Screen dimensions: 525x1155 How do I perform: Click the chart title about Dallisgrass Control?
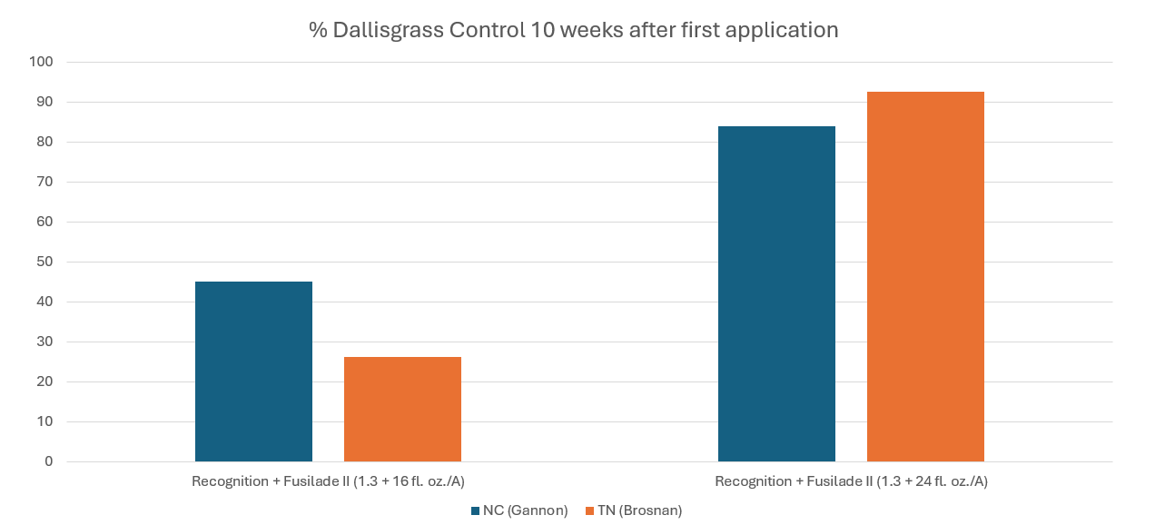[573, 30]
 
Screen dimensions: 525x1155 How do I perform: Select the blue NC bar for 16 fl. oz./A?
[253, 371]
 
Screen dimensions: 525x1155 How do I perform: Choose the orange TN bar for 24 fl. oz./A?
[925, 276]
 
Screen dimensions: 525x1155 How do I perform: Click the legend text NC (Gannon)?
[525, 510]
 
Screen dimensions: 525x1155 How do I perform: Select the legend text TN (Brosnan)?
[638, 510]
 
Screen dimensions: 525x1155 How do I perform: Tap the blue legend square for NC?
[475, 511]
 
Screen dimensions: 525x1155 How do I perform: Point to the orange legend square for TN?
[589, 511]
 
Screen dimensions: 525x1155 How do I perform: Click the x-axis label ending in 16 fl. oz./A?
[328, 481]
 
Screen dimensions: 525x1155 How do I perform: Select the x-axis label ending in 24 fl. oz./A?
[851, 481]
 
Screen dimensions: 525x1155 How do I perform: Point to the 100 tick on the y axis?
[42, 62]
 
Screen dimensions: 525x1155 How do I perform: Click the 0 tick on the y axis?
[49, 461]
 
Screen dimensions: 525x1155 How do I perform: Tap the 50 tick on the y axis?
[45, 262]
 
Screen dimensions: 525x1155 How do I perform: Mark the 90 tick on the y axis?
[45, 102]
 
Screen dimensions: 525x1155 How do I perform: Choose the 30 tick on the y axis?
[45, 342]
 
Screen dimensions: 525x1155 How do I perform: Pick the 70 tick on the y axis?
[45, 182]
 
